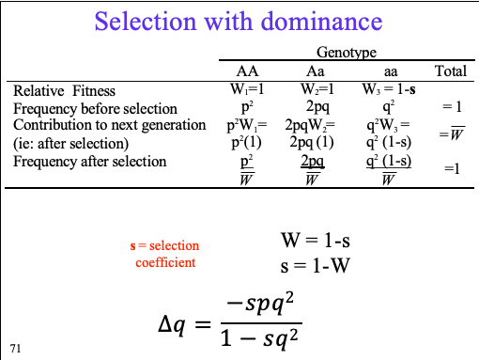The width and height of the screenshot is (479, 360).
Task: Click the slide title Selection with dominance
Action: (x=239, y=22)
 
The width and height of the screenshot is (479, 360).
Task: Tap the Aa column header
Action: (x=316, y=71)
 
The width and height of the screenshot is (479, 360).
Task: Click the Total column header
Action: (x=451, y=71)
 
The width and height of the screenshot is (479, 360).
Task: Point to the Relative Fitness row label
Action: (x=63, y=91)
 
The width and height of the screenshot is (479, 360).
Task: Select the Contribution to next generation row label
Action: (x=109, y=125)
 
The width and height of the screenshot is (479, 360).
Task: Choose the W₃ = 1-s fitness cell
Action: (x=386, y=90)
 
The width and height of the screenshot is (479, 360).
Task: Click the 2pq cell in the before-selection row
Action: (x=316, y=108)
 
